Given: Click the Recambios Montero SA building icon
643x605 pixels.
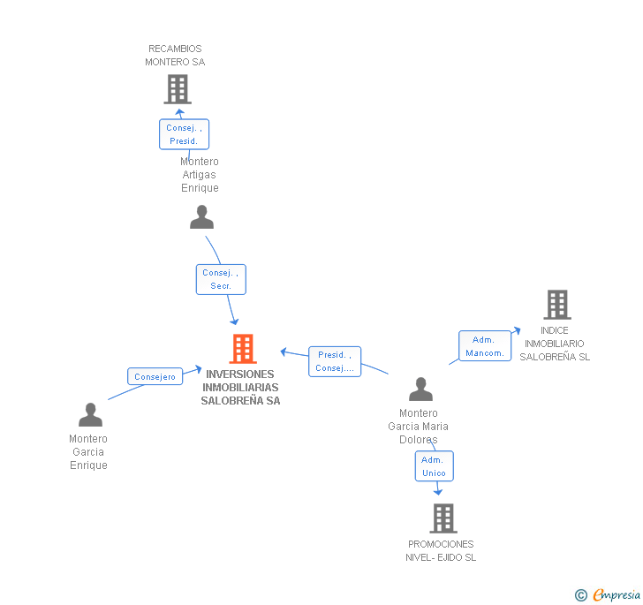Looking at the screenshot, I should [178, 88].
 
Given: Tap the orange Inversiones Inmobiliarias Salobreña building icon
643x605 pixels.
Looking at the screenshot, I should [243, 349].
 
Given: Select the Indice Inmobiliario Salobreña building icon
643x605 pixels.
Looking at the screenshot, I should [556, 305].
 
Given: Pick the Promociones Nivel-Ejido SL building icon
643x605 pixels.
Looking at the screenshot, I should [443, 518].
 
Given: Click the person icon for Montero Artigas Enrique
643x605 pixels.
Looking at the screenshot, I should [201, 217].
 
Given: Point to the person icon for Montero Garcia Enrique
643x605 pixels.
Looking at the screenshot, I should [90, 415].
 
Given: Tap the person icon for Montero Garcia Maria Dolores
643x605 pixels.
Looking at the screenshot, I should [420, 389].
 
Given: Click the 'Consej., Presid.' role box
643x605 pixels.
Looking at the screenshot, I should [184, 134].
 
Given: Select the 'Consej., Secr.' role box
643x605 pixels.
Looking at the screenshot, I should [221, 279].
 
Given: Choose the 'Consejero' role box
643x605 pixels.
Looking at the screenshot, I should [155, 376].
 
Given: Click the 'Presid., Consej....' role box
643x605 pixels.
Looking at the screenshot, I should [335, 361].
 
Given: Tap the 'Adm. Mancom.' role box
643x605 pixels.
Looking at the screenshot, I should [485, 346].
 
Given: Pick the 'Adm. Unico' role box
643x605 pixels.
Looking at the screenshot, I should [434, 466].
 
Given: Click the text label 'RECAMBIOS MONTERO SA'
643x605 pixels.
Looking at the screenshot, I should [175, 56].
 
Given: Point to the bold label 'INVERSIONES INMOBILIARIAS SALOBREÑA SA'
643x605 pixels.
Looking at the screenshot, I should [240, 387].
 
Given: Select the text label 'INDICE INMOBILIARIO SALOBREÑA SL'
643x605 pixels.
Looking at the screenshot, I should [555, 344].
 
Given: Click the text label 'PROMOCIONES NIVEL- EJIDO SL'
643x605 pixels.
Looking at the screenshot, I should [441, 550].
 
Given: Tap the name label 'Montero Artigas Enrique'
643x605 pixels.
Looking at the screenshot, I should [200, 175].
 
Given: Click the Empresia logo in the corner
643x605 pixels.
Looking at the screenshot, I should [609, 594].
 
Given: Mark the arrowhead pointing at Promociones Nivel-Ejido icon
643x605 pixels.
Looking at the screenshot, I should [438, 491].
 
